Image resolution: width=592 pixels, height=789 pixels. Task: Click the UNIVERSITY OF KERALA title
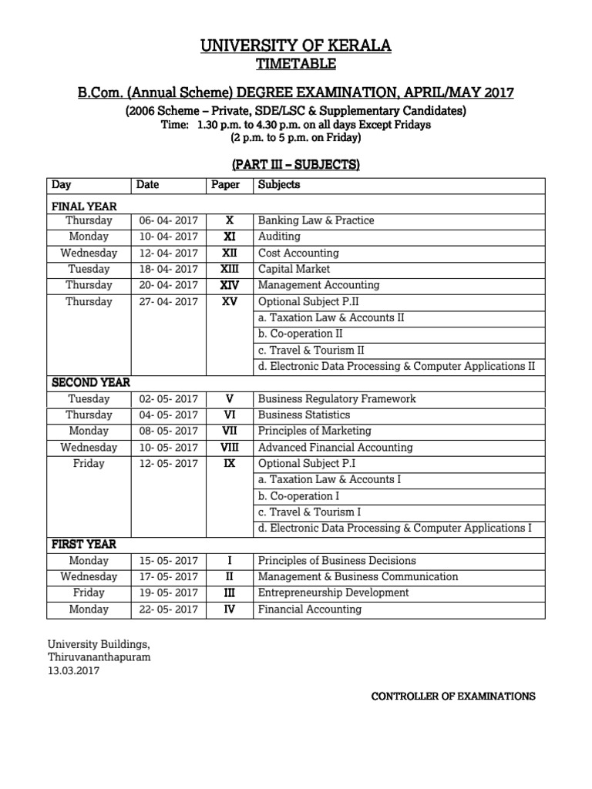(x=296, y=46)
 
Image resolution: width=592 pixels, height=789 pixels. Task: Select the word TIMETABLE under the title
(x=296, y=65)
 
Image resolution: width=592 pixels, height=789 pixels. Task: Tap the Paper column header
(x=225, y=185)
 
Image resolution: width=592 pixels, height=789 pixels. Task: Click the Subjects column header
(x=279, y=185)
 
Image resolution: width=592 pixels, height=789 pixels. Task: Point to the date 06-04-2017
(x=168, y=220)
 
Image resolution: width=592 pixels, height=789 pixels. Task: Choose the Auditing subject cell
(x=279, y=237)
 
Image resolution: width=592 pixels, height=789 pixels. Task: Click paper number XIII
(x=229, y=269)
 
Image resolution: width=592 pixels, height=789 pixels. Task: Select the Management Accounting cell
(x=318, y=285)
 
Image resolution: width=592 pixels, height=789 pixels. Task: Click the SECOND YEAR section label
(x=90, y=382)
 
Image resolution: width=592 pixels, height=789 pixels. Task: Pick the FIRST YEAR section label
(x=84, y=544)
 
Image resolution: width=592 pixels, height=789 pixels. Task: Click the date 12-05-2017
(x=168, y=464)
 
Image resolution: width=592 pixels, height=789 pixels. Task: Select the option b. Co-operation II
(x=301, y=334)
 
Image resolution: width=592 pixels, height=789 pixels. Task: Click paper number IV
(x=229, y=609)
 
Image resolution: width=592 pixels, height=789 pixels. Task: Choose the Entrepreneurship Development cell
(x=333, y=593)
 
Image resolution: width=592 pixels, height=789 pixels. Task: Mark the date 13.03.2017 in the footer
(x=73, y=671)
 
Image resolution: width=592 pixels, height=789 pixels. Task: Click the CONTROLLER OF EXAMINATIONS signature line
(x=453, y=696)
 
